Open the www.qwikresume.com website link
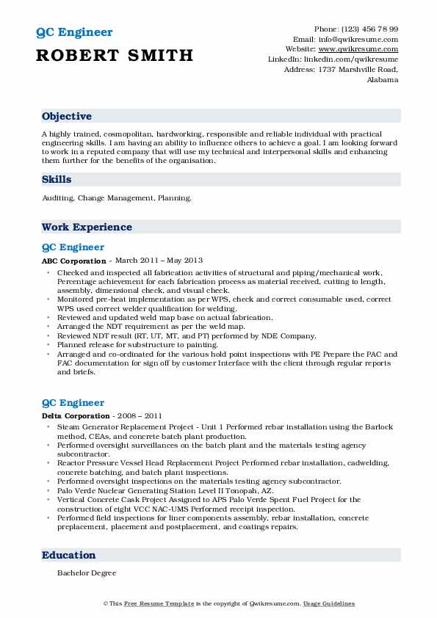[365, 49]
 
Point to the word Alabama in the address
[382, 79]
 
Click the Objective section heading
[67, 117]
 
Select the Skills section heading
[57, 179]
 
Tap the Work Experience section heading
[87, 227]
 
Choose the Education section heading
[68, 556]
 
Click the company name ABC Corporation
[73, 261]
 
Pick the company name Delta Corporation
[76, 416]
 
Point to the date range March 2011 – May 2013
[158, 261]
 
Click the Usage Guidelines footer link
[329, 604]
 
